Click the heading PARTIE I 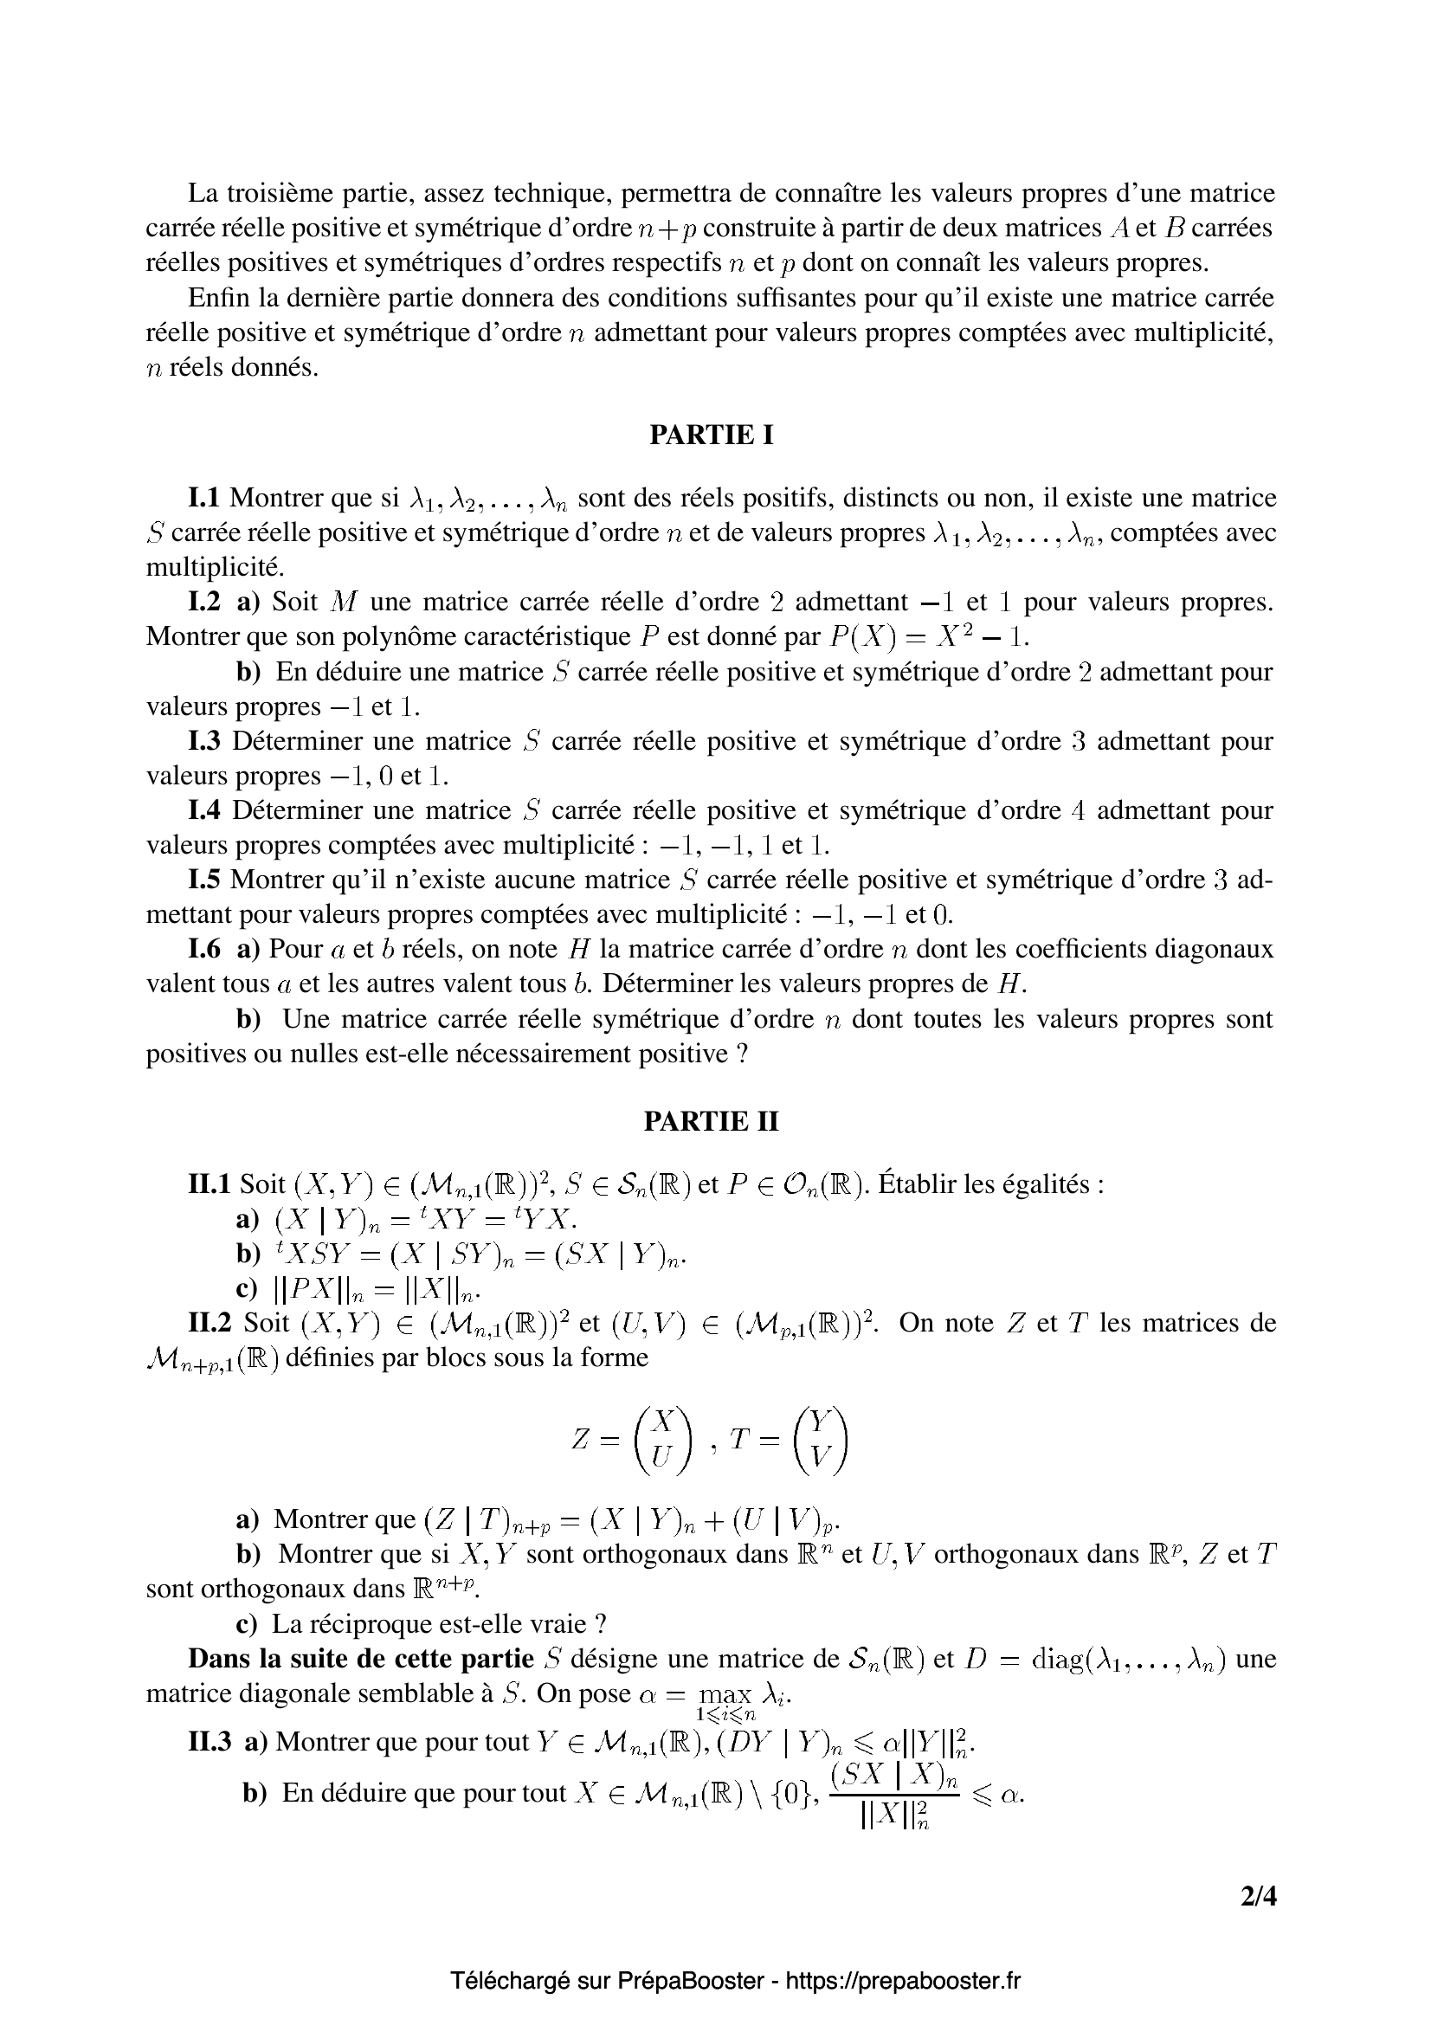pos(711,435)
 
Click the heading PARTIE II pos(711,1121)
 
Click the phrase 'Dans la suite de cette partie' pos(361,1659)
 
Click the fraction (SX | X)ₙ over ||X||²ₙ pos(894,1796)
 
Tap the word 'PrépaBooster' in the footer pos(690,1981)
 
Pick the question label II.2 pos(211,1323)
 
